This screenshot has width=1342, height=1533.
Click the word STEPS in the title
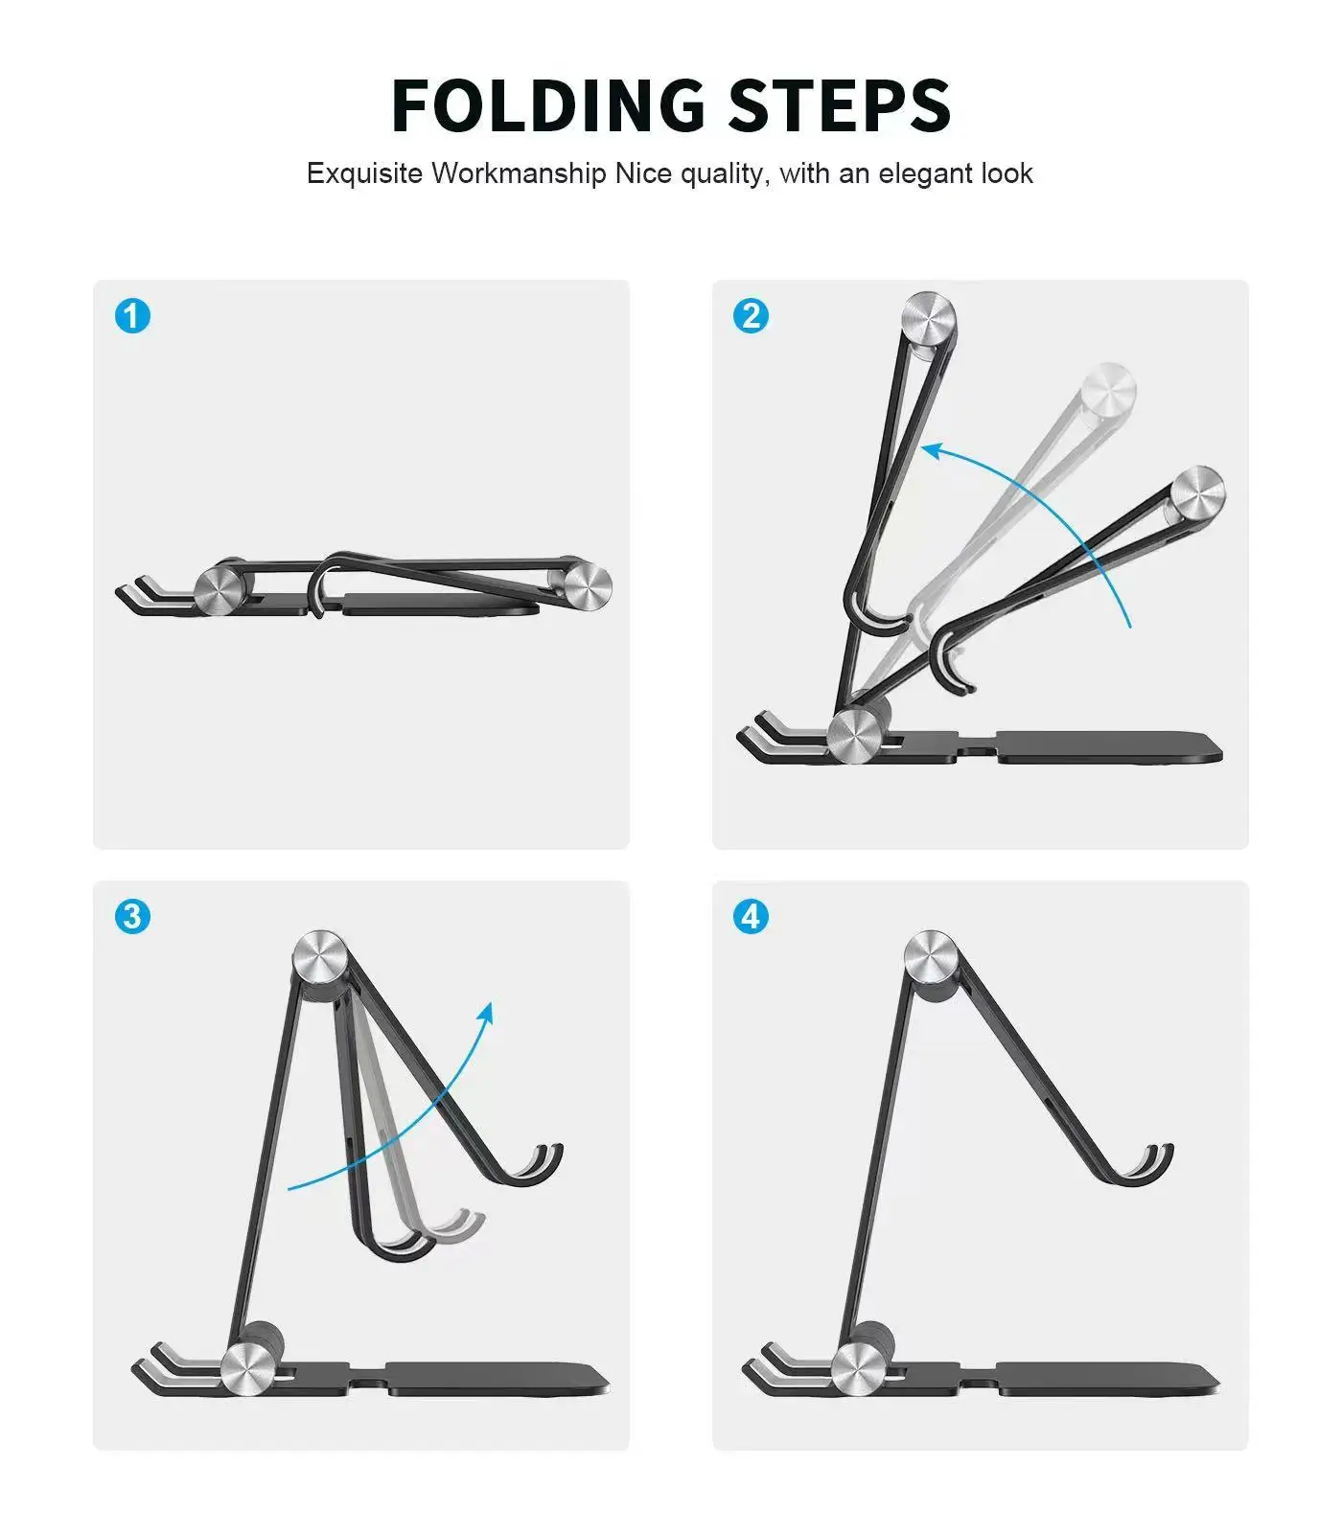click(839, 104)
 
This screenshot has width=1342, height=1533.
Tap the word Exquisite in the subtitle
click(364, 173)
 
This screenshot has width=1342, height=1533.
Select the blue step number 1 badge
click(132, 315)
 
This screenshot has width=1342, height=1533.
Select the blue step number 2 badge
click(751, 315)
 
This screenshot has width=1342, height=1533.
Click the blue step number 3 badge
click(132, 916)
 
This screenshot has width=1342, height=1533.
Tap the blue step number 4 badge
click(751, 916)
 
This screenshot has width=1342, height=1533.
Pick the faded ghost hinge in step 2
click(1108, 390)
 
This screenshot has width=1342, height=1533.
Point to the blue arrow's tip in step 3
click(488, 1010)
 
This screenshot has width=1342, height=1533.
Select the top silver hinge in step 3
click(320, 956)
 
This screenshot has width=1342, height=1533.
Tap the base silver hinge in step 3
click(246, 1368)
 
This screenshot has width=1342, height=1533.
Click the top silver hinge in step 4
click(931, 956)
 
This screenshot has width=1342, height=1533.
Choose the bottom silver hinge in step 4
click(857, 1368)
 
